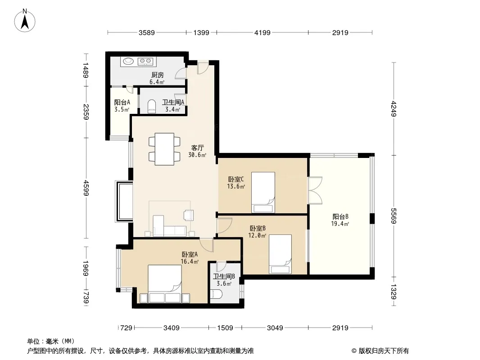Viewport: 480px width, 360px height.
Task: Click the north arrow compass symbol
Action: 25,21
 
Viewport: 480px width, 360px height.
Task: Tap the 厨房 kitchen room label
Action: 157,75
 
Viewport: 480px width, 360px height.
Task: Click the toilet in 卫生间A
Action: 151,107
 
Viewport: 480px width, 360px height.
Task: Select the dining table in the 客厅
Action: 164,149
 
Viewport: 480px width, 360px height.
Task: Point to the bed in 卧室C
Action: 263,193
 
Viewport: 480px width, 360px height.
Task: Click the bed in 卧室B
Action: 280,254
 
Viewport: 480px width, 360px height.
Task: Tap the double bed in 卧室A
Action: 165,283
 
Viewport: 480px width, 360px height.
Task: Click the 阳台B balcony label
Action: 340,217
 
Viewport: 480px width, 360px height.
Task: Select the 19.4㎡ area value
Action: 340,224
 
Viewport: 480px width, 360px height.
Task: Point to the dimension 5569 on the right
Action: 394,216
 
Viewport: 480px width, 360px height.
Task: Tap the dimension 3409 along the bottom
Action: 172,328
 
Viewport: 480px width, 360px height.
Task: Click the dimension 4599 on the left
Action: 86,188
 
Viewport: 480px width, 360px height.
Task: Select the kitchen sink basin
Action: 128,61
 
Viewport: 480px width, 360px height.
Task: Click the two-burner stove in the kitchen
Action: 145,61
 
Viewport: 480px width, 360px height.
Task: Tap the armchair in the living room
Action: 189,215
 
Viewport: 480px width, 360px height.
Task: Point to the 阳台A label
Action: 122,103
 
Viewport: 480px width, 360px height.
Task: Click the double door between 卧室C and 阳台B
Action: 315,190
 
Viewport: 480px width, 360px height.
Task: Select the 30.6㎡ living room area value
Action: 197,155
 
